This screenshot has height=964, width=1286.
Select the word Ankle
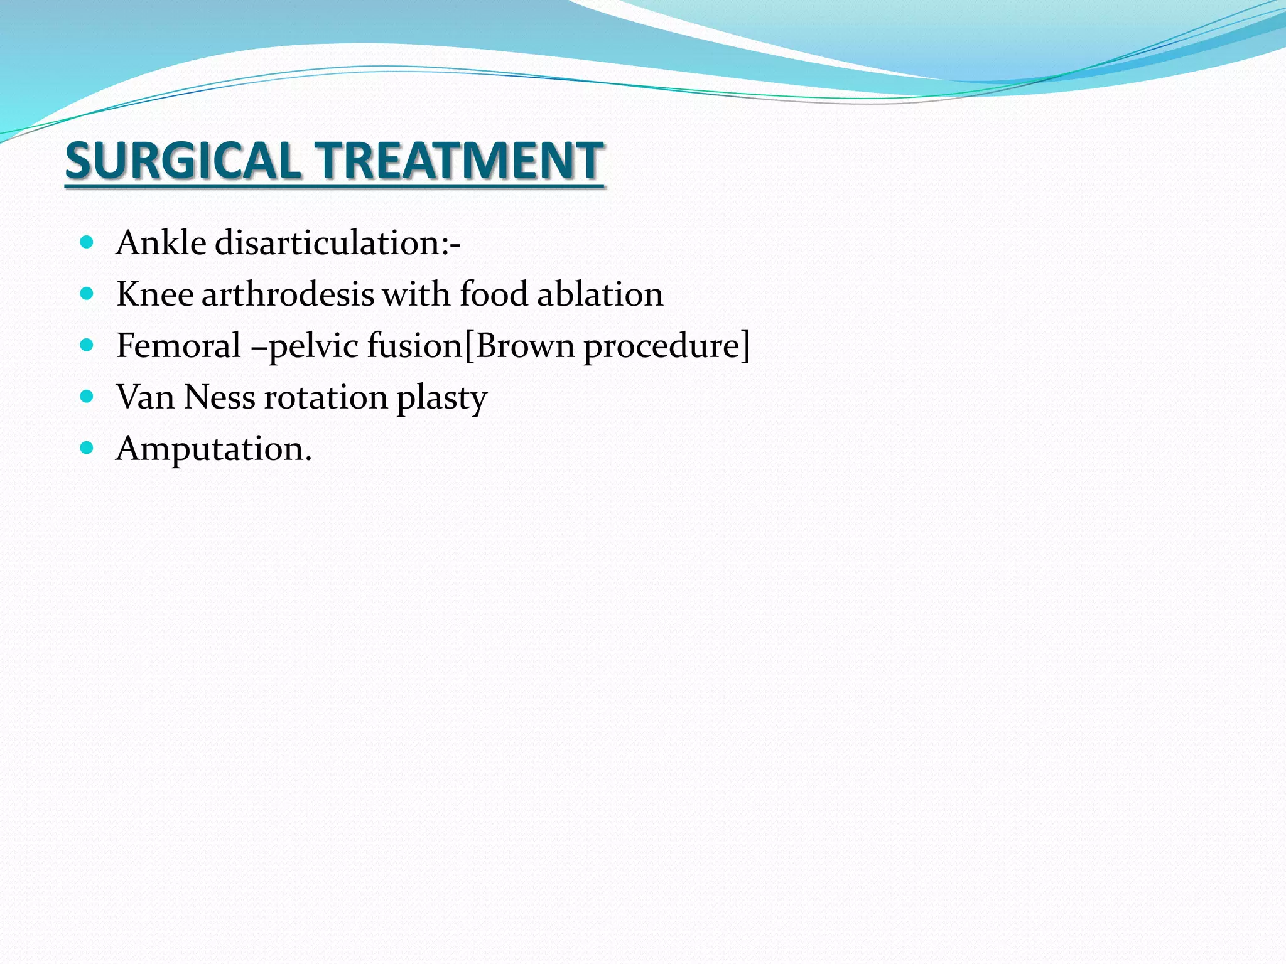pos(161,243)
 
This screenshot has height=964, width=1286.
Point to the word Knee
pos(154,294)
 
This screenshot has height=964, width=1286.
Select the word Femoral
pos(178,346)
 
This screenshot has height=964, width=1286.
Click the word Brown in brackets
pos(525,346)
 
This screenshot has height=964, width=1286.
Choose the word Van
pos(144,397)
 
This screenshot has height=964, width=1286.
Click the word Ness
pos(220,397)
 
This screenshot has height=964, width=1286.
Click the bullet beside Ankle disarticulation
pos(87,242)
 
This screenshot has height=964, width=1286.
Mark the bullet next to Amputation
pos(87,448)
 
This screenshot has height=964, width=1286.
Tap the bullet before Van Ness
pos(87,397)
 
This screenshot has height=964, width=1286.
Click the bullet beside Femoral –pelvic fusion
pos(87,345)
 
